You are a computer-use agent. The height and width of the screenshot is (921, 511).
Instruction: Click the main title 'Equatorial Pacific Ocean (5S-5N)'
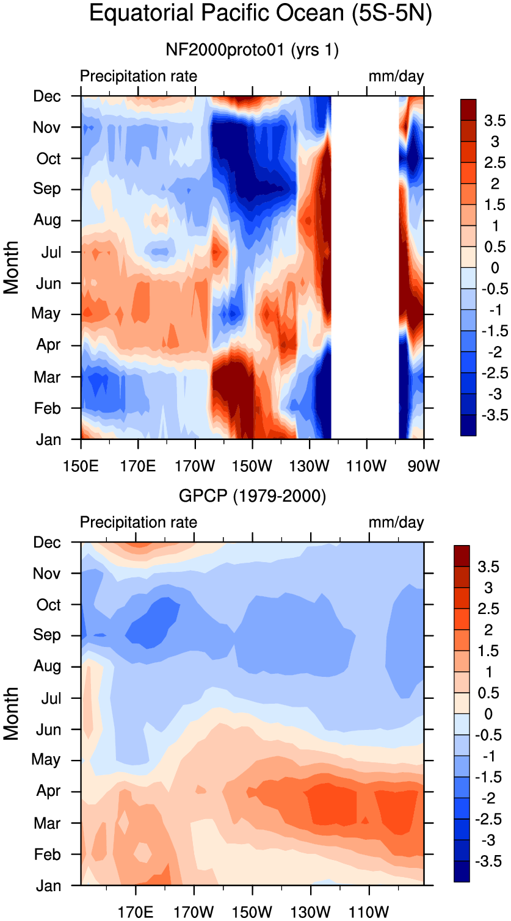point(261,13)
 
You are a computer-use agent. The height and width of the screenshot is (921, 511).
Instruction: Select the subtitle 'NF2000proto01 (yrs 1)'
point(252,50)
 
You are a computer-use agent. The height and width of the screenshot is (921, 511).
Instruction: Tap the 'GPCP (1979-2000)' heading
point(252,496)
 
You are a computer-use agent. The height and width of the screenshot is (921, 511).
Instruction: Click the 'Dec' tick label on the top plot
point(47,96)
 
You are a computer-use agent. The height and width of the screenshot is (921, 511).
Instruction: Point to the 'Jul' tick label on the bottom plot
point(51,698)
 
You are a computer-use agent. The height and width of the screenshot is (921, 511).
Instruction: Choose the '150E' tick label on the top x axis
point(81,466)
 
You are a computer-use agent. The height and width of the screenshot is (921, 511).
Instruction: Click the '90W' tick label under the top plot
point(424,466)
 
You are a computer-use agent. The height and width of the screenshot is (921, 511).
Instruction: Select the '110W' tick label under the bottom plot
point(369,912)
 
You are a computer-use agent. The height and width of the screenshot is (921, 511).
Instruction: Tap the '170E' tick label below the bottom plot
point(136,912)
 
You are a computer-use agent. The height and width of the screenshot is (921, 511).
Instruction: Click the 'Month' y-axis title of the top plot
point(11,268)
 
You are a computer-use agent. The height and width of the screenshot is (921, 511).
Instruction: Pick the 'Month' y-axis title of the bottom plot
point(11,713)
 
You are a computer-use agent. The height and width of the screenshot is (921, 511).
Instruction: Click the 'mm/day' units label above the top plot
point(396,76)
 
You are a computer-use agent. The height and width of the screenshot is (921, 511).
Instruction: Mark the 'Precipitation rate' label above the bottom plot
point(139,522)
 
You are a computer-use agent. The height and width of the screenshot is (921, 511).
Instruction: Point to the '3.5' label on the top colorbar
point(495,120)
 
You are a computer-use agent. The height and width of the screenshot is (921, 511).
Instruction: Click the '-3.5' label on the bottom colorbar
point(488,861)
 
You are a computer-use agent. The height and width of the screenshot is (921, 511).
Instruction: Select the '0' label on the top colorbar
point(495,268)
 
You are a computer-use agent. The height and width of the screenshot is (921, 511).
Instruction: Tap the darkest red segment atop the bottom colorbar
point(462,556)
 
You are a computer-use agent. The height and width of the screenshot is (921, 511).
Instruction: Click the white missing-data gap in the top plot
point(365,268)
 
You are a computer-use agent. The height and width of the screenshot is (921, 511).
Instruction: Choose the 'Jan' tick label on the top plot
point(48,439)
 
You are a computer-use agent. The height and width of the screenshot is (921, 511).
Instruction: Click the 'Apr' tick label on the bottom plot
point(49,790)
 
